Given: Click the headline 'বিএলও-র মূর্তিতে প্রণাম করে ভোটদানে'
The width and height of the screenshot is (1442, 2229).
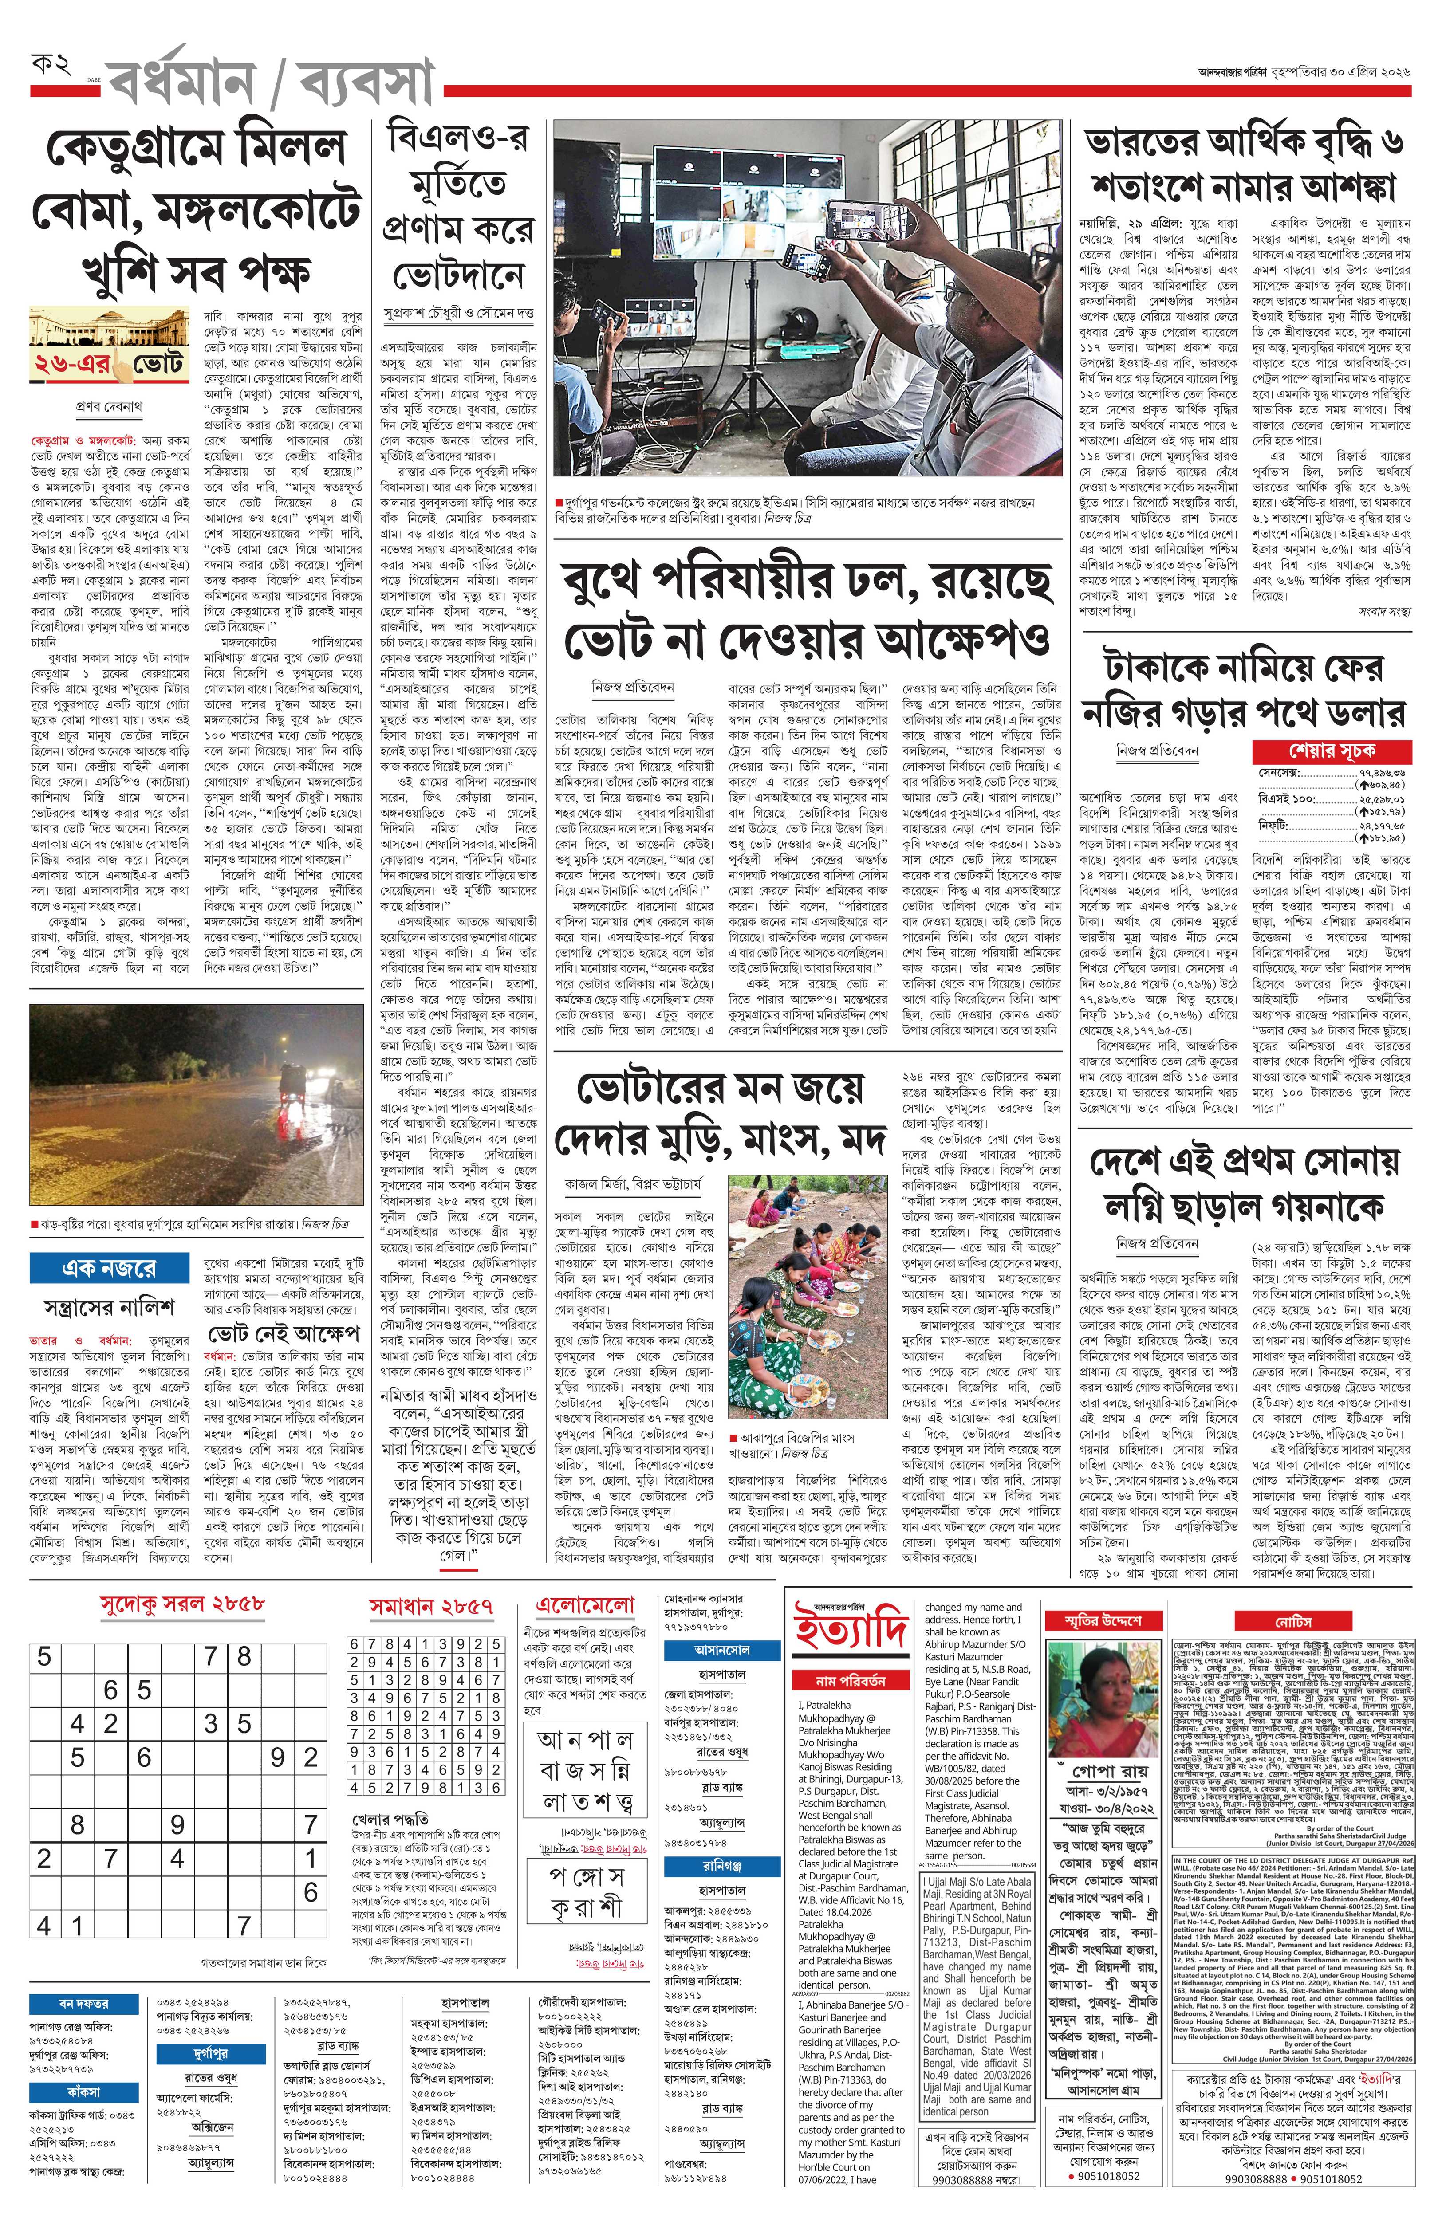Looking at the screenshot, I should coord(459,208).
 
